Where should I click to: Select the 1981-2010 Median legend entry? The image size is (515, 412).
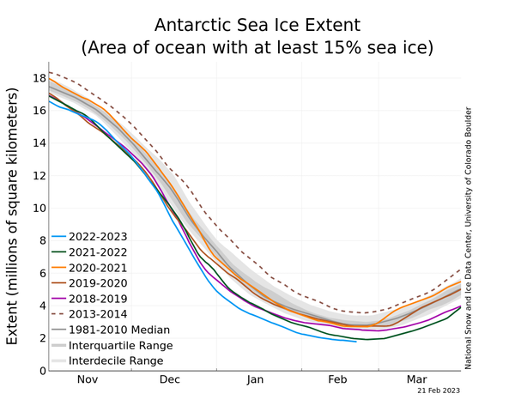[x=118, y=329]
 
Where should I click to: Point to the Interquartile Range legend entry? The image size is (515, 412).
[x=120, y=345]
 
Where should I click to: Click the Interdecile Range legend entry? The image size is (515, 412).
[x=116, y=360]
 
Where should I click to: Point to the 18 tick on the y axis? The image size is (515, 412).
[x=38, y=78]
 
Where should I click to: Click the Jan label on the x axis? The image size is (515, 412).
[x=255, y=379]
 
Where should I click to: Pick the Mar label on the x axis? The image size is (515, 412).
[x=417, y=379]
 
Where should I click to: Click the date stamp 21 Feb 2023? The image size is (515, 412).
[x=439, y=391]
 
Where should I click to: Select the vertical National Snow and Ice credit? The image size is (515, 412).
[x=469, y=238]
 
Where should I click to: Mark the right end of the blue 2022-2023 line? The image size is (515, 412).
[x=356, y=342]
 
